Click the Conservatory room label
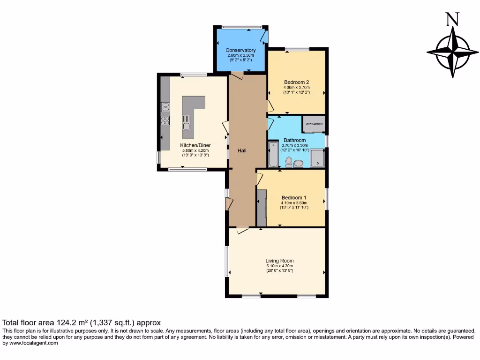[240, 50]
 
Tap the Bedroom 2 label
[296, 82]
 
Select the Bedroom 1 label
[294, 197]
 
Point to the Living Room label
[279, 261]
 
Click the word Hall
[242, 150]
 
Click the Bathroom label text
[294, 140]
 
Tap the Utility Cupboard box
[313, 124]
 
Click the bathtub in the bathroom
[273, 155]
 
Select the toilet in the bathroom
[289, 162]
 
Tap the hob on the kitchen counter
[165, 120]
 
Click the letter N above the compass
[452, 19]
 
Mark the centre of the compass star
[453, 52]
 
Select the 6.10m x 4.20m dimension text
[279, 266]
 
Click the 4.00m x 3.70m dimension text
[296, 87]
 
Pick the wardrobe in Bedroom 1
[261, 207]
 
